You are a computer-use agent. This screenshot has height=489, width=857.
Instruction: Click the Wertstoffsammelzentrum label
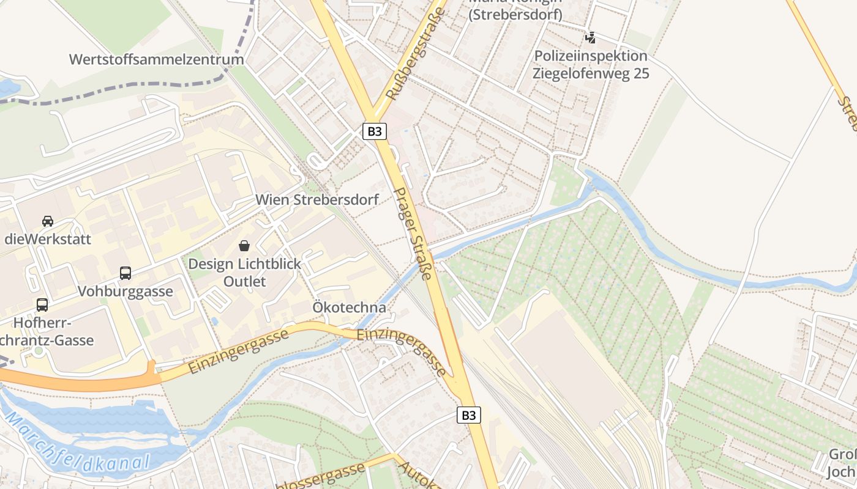[157, 59]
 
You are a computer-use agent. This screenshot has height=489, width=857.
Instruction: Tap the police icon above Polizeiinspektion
[590, 37]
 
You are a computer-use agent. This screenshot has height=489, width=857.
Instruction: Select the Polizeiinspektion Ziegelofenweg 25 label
[590, 65]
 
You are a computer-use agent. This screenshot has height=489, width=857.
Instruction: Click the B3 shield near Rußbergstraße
[374, 131]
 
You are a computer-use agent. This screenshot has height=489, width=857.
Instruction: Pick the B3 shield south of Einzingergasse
[468, 416]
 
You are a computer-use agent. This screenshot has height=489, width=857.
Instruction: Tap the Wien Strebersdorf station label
[317, 199]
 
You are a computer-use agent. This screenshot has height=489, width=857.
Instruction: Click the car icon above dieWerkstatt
[48, 221]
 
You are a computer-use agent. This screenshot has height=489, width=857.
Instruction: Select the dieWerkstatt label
[48, 239]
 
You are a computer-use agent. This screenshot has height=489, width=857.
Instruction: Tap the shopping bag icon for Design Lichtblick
[244, 246]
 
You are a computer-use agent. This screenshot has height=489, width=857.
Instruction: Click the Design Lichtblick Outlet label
[244, 273]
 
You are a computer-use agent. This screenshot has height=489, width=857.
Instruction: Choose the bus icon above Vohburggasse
[125, 273]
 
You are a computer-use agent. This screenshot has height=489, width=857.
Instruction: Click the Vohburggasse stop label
[125, 292]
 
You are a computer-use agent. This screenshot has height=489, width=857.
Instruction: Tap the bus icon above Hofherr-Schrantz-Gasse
[42, 304]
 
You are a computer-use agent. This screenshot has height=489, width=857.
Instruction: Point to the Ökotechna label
[350, 307]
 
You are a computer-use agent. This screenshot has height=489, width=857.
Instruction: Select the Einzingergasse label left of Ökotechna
[239, 351]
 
